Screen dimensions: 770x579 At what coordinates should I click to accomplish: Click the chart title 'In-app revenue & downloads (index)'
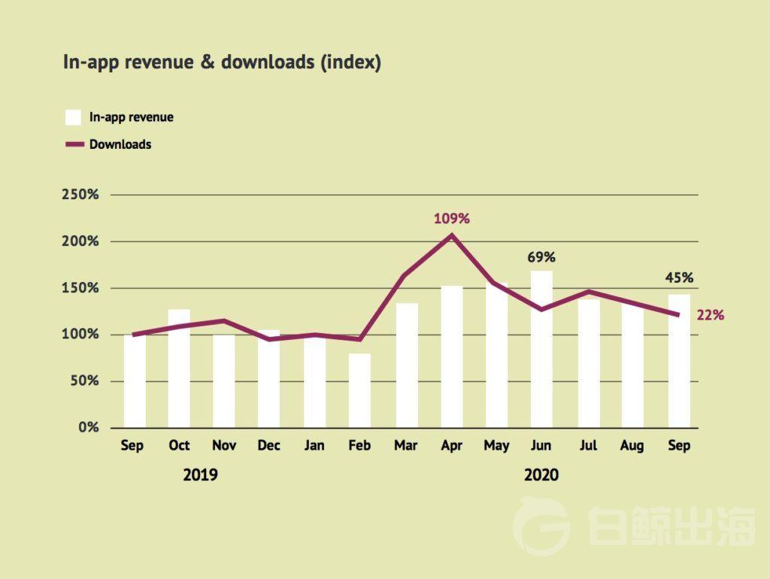coord(222,62)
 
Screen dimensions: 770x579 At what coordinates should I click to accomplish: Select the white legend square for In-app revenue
coord(73,117)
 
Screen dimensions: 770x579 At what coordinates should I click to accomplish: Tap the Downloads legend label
coord(120,144)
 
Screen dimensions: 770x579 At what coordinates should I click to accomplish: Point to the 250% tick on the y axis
coord(80,195)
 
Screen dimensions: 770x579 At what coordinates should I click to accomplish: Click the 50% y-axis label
coord(84,380)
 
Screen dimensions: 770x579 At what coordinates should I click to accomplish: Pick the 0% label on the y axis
coord(89,427)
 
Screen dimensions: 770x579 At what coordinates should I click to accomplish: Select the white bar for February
coord(359,390)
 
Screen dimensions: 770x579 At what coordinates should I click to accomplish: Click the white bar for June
coord(541,349)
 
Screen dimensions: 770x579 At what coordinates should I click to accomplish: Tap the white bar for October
coord(179,368)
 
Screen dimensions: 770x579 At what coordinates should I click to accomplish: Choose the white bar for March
coord(407,365)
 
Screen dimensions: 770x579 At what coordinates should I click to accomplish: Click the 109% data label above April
coord(452,219)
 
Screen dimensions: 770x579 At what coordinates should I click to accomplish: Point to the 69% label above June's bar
coord(541,257)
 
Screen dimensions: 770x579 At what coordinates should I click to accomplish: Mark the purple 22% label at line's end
coord(711,315)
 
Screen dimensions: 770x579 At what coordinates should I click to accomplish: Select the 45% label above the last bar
coord(679,277)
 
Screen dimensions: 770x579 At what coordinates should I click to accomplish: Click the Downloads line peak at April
coord(452,235)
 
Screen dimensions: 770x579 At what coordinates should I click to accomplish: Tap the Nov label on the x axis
coord(224,445)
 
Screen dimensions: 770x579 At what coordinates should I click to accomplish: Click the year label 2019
coord(200,475)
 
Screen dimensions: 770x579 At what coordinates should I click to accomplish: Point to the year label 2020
coord(541,475)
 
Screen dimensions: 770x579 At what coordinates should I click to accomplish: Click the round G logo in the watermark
coord(541,526)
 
